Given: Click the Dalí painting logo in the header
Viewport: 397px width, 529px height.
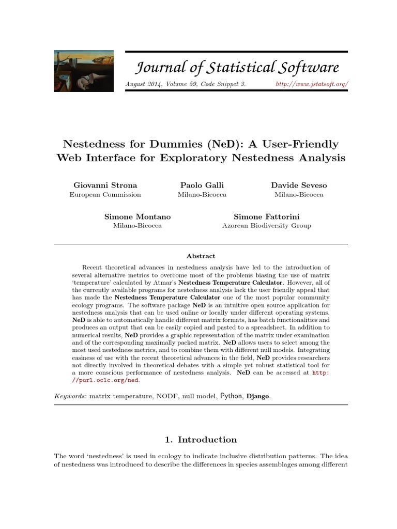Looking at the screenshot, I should click(84, 71).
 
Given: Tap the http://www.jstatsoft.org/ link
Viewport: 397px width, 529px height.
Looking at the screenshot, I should click(312, 84).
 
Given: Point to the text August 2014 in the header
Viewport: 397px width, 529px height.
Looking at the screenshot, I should click(142, 84).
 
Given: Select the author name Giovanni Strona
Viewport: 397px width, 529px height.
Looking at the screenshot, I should click(105, 185).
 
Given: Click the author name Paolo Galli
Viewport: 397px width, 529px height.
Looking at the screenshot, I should click(202, 185).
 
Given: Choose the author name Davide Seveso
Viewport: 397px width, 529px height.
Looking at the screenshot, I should click(299, 185).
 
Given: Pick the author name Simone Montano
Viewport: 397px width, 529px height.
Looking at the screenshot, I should click(138, 216).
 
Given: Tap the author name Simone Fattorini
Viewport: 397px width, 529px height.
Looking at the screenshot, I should click(266, 216).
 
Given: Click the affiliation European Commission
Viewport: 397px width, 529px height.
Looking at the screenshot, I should click(105, 195).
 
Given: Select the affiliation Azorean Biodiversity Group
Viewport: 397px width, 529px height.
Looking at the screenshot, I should click(266, 226).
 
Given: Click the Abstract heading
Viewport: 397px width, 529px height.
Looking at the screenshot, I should click(201, 256).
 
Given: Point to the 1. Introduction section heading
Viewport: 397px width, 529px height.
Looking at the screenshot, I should click(201, 440).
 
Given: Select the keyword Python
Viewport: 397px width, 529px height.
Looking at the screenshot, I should click(231, 396).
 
